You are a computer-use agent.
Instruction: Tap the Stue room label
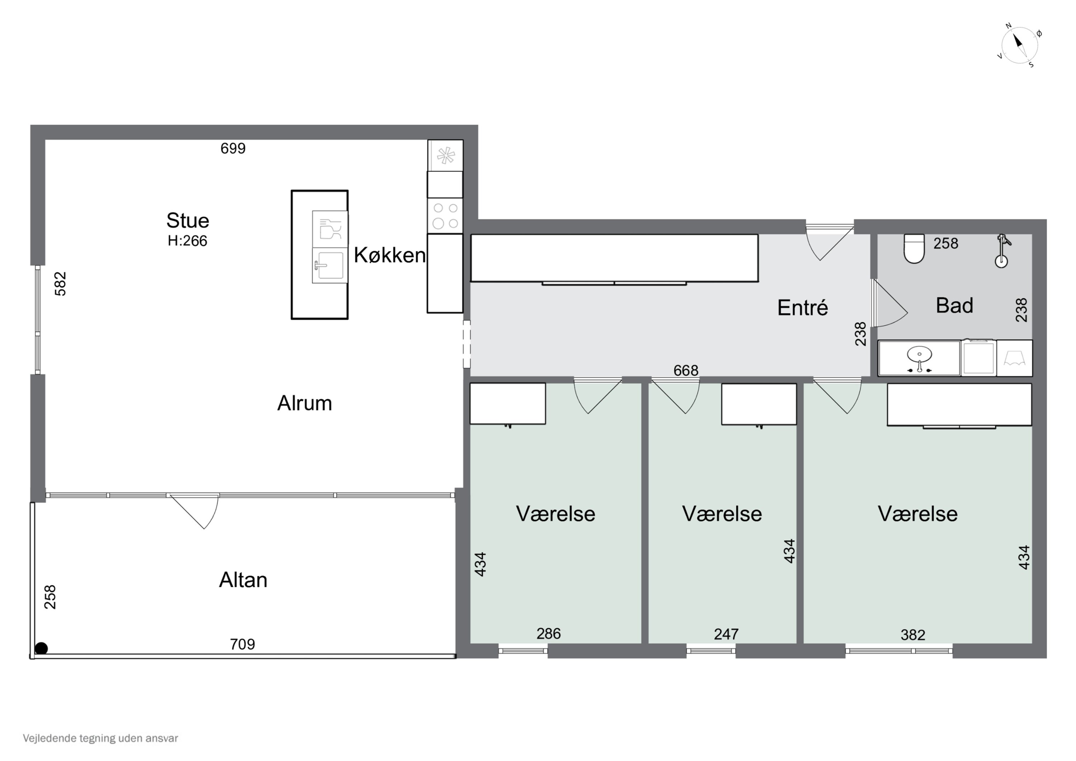[188, 220]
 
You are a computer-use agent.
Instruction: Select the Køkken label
[390, 255]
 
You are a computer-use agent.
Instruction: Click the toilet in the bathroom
[914, 249]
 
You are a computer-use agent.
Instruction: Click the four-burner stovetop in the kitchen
[445, 216]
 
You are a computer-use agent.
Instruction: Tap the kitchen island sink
[330, 266]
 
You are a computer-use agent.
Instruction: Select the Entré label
[802, 307]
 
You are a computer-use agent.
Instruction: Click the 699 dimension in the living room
[233, 148]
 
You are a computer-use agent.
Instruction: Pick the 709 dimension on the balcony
[242, 644]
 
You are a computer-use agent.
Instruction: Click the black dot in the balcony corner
[41, 648]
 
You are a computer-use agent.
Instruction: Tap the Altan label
[243, 580]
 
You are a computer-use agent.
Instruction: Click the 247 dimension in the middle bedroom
[726, 634]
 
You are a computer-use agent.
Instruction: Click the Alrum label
[305, 403]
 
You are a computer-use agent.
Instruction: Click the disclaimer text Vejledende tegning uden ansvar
[100, 738]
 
